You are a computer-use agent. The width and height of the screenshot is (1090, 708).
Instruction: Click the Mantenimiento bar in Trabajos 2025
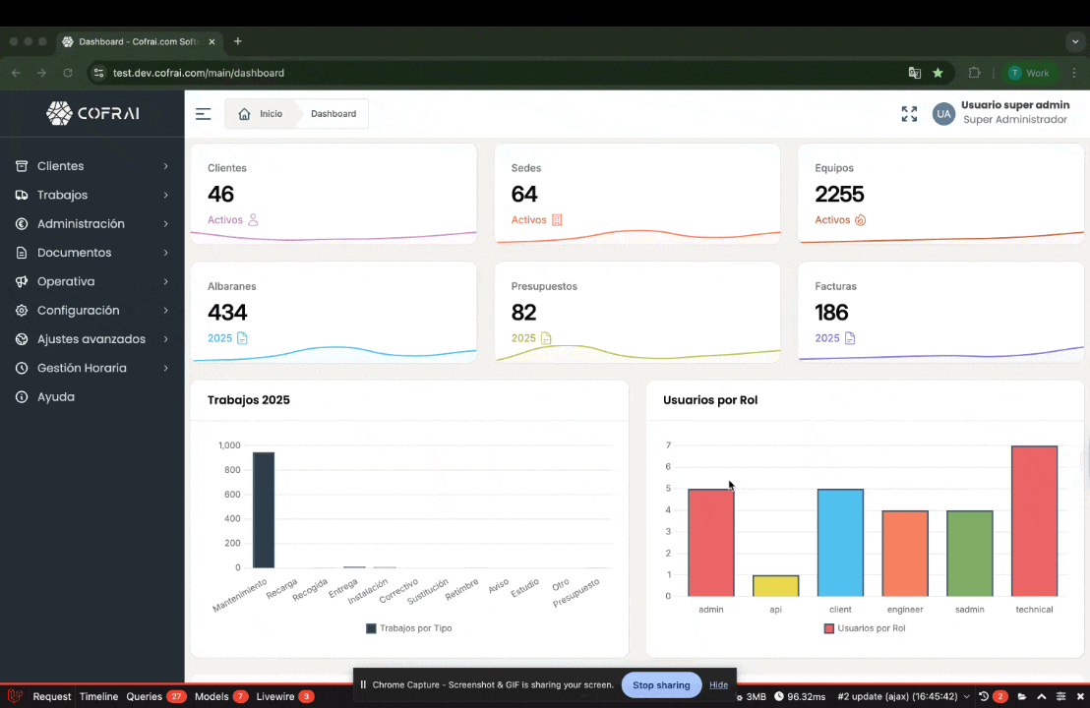coord(263,509)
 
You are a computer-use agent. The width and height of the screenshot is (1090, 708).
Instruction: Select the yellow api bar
coord(775,586)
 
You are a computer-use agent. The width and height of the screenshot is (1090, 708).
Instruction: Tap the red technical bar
coord(1034,521)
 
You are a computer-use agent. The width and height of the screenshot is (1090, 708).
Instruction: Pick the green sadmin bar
coord(969,554)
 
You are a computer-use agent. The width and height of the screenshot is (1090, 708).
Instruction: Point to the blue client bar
coord(840,543)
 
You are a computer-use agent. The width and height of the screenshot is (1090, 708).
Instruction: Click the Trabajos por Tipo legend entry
coord(409,628)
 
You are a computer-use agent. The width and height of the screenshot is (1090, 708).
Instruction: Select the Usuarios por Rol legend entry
coord(865,628)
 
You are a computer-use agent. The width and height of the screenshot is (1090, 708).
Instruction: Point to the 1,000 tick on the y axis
coord(229,445)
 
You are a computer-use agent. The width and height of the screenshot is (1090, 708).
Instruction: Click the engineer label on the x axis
coord(904,610)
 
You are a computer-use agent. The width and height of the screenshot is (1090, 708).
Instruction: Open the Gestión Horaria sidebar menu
coord(82,368)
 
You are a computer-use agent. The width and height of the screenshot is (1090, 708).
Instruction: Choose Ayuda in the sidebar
coord(56,397)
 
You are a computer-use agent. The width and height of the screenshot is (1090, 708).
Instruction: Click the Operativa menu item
coord(66,281)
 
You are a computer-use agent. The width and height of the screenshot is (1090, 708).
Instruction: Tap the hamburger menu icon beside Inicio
coord(203,114)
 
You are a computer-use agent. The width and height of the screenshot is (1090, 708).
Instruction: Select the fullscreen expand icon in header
coord(909,114)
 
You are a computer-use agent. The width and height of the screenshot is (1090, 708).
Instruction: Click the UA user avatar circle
coord(943,114)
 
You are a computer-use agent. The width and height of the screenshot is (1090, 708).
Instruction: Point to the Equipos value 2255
coord(839,194)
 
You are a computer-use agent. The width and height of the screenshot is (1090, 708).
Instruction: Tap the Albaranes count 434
coord(227,313)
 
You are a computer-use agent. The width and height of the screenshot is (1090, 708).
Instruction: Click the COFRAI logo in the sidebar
coord(92,113)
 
